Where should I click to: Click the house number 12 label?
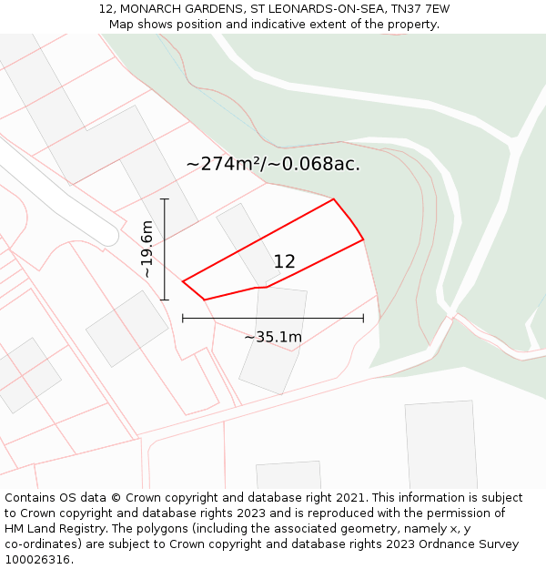pos(284,261)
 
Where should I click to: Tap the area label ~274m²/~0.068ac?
pos(273,164)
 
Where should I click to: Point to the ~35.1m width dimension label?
pos(273,337)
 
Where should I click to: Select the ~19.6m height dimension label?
pos(147,249)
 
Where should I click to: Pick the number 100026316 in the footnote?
pos(39,560)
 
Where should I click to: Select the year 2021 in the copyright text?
pos(347,498)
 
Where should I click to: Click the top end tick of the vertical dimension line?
pos(165,198)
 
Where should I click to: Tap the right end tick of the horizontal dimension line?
pos(363,319)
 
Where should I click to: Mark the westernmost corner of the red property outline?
pos(183,281)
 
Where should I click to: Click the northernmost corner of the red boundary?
pos(334,199)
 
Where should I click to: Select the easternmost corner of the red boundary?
pos(363,239)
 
